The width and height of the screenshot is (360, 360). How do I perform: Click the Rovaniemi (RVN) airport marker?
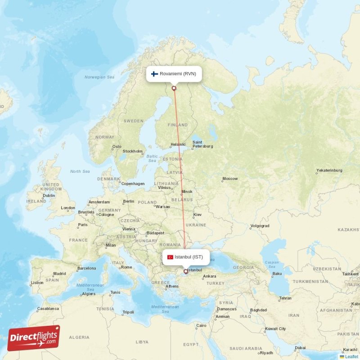click(x=174, y=88)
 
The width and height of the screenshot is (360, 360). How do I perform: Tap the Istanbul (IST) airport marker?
click(x=185, y=271)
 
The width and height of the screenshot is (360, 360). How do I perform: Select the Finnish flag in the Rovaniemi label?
click(x=154, y=74)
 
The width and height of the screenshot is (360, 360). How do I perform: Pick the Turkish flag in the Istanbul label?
click(x=170, y=257)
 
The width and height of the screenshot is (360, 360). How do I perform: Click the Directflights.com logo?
click(x=34, y=338)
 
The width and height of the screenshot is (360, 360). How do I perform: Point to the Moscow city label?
click(x=230, y=179)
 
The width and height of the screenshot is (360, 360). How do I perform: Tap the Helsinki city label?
click(x=178, y=145)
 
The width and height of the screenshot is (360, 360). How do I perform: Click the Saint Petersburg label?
click(x=202, y=144)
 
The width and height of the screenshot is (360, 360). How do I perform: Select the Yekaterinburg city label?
click(x=329, y=171)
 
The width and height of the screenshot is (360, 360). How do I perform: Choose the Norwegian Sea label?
click(x=99, y=77)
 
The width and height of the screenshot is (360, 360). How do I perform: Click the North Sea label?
click(x=80, y=171)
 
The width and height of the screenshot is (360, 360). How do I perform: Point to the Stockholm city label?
click(x=133, y=151)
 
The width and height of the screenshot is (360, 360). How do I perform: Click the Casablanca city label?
click(x=48, y=309)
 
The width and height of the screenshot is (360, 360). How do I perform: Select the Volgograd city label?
click(x=260, y=226)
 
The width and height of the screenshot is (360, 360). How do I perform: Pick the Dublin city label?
click(x=49, y=195)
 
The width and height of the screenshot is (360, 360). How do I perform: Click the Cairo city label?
click(x=201, y=325)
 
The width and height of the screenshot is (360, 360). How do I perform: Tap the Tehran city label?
click(x=285, y=298)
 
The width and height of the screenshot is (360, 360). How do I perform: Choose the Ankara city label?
click(x=210, y=276)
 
